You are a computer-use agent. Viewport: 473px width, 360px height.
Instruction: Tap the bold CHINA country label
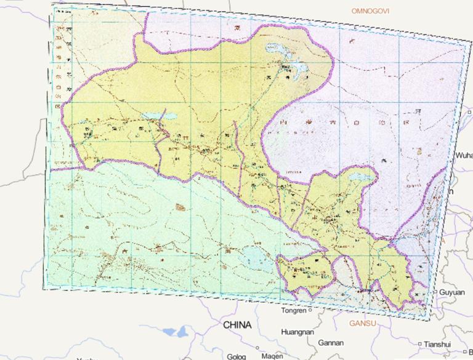(237, 324)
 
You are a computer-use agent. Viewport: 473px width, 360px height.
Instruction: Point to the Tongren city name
(294, 311)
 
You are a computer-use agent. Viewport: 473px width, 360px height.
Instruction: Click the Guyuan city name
(452, 292)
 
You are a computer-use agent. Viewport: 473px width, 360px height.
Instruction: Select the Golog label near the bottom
(236, 356)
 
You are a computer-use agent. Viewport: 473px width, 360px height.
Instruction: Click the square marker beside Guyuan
(435, 292)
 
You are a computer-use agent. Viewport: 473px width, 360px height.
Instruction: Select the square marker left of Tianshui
(420, 344)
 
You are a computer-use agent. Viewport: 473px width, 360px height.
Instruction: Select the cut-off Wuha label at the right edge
(463, 156)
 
